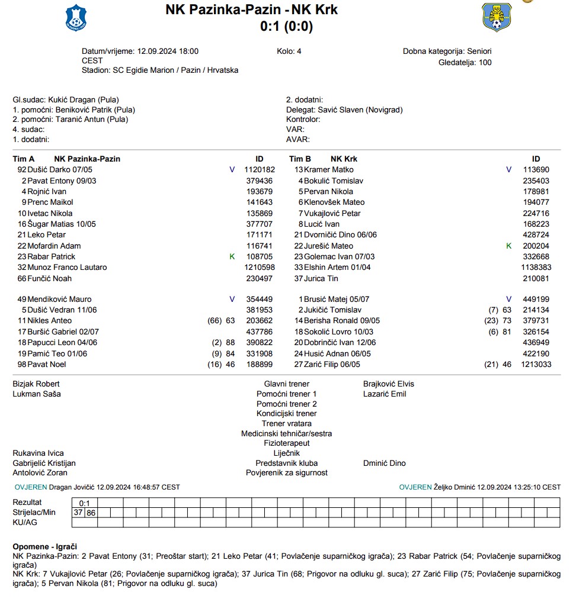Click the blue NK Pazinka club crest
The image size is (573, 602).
click(x=75, y=17)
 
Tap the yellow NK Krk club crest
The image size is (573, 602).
click(x=497, y=17)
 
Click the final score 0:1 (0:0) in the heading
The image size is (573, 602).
click(x=286, y=26)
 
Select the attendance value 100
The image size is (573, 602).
click(x=485, y=62)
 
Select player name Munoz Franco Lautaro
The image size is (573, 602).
click(x=67, y=267)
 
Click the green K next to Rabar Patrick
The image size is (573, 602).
click(x=232, y=256)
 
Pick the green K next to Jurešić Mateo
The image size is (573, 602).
click(x=508, y=246)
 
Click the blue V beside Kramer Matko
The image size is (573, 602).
click(x=508, y=170)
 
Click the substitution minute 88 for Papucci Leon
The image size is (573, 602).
click(x=230, y=343)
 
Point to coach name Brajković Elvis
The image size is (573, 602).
click(x=389, y=384)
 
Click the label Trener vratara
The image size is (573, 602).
click(x=286, y=423)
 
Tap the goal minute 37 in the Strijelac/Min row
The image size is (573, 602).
click(x=78, y=513)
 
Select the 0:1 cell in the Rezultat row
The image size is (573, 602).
click(x=85, y=503)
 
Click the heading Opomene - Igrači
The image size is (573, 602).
click(x=45, y=546)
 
